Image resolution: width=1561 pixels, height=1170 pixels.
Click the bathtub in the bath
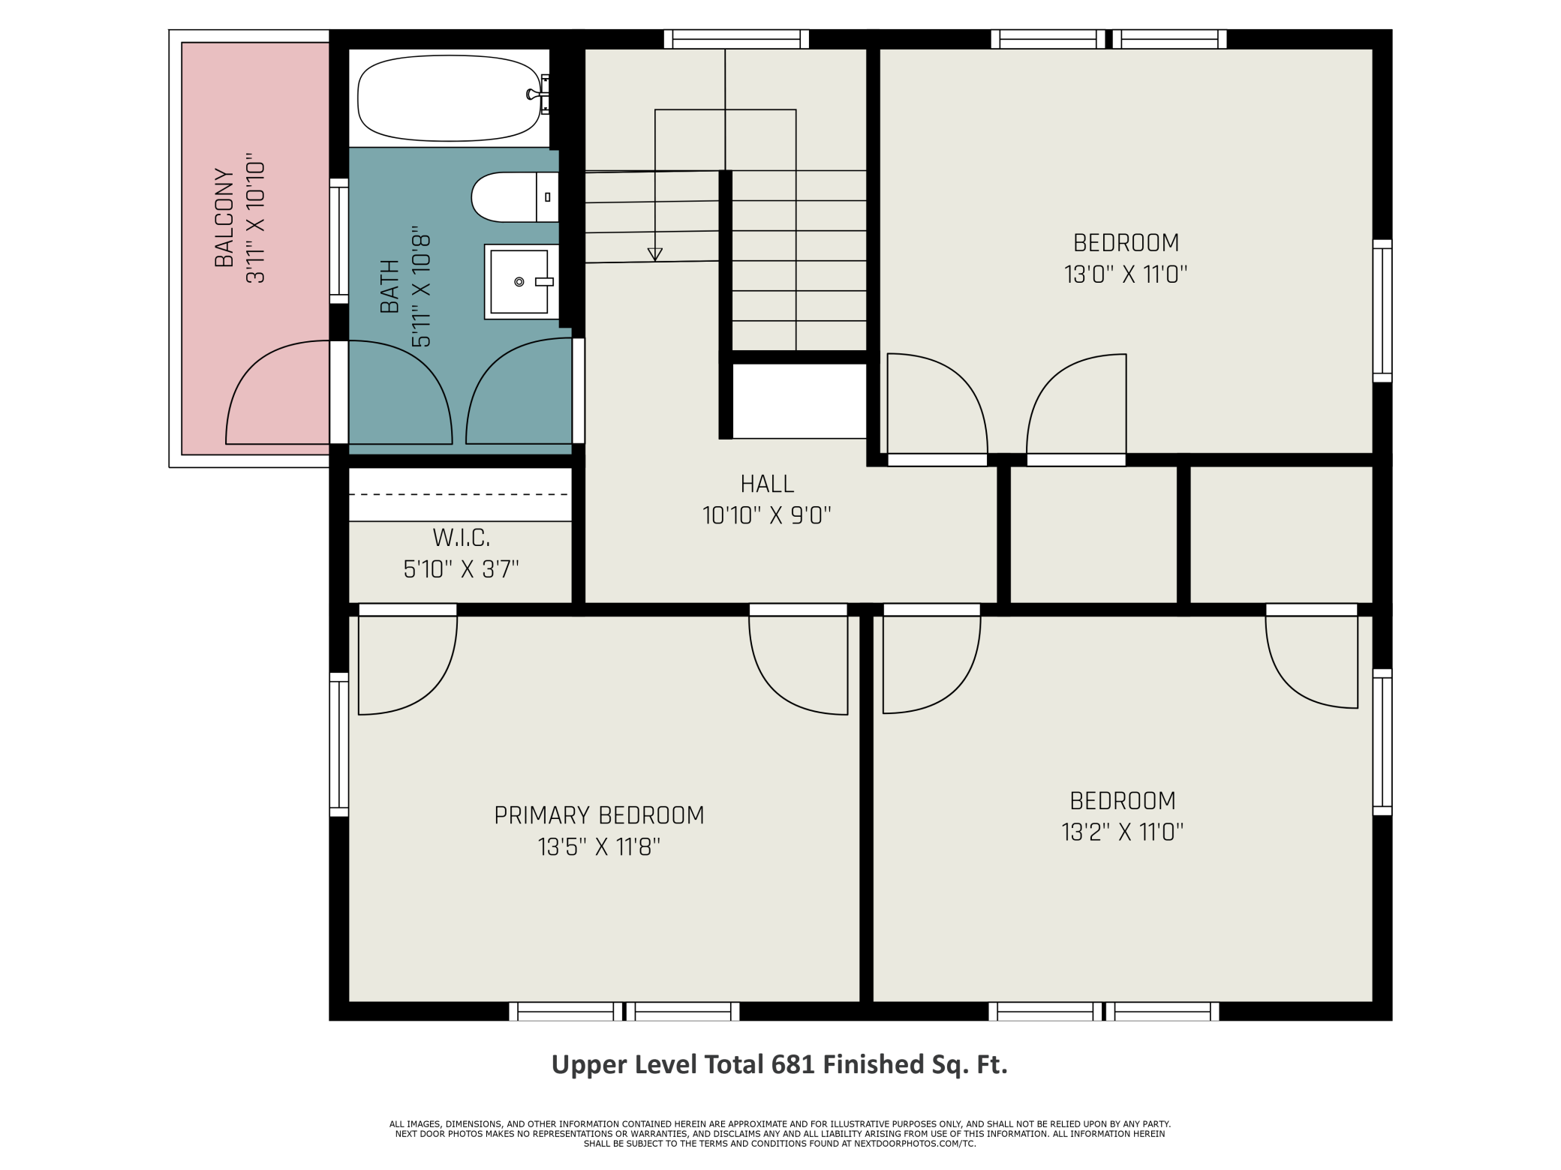pyautogui.click(x=450, y=98)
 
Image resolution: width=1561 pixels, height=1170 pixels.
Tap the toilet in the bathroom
pyautogui.click(x=515, y=197)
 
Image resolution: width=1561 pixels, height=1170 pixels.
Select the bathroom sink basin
pyautogui.click(x=519, y=282)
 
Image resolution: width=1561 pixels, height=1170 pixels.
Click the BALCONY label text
pyautogui.click(x=224, y=217)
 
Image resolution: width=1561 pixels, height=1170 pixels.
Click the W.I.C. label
pyautogui.click(x=462, y=538)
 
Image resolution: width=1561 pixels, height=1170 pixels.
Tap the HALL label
pyautogui.click(x=767, y=484)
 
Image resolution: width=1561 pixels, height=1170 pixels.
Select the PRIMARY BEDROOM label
pyautogui.click(x=599, y=815)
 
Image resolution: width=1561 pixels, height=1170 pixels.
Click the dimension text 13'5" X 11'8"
pyautogui.click(x=599, y=847)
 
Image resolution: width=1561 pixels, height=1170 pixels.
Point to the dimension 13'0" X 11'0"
pyautogui.click(x=1126, y=274)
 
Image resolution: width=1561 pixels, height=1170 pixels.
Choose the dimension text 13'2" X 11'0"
pyautogui.click(x=1123, y=832)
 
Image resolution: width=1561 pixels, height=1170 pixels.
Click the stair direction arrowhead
pyautogui.click(x=655, y=254)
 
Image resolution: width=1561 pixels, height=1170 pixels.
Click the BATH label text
pyautogui.click(x=389, y=286)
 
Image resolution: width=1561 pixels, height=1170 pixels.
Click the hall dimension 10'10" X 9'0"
pyautogui.click(x=767, y=516)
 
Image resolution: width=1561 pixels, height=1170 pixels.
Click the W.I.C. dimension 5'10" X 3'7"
pyautogui.click(x=462, y=569)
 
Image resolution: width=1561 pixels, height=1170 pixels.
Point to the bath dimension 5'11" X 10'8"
pyautogui.click(x=421, y=286)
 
